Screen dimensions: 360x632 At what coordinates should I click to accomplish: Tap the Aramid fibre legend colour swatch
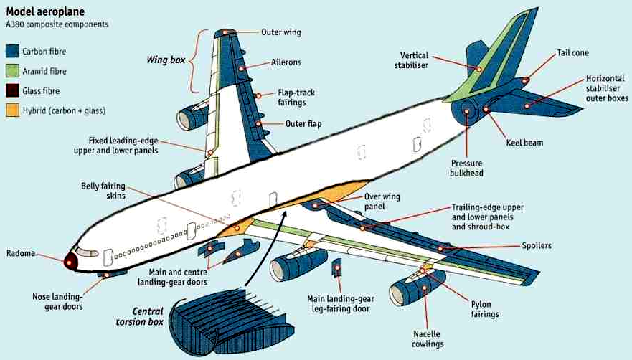pyautogui.click(x=12, y=71)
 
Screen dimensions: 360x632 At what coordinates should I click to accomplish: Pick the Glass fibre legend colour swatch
pyautogui.click(x=12, y=91)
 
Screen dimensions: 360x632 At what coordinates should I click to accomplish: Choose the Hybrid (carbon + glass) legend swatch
pyautogui.click(x=12, y=110)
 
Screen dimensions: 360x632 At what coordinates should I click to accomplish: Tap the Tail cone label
pyautogui.click(x=572, y=53)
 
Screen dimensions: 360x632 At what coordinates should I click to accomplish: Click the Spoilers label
pyautogui.click(x=536, y=246)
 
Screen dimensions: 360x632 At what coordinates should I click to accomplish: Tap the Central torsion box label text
pyautogui.click(x=139, y=317)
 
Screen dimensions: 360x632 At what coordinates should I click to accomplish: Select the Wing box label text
pyautogui.click(x=168, y=60)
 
